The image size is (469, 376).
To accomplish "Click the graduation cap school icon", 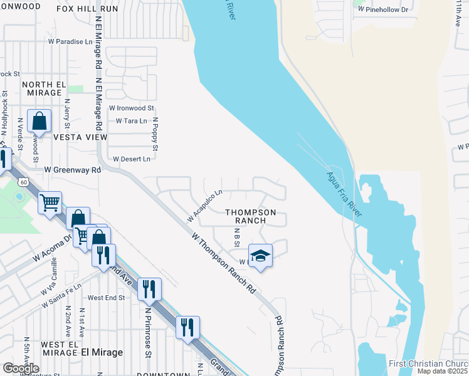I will [261, 256].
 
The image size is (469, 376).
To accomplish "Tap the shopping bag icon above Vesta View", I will [40, 122].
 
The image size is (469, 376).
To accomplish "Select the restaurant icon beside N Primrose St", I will [149, 289].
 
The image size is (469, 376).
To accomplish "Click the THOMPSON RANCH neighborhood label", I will [251, 216].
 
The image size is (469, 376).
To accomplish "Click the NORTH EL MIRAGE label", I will [44, 88].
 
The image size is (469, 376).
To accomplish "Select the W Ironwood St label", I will [131, 108].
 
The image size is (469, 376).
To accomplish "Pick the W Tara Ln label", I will [131, 120].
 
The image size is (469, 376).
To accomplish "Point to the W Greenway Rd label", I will [72, 170].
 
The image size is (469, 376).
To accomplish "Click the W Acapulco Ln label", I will [205, 206].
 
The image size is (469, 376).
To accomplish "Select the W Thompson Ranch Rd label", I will [224, 264].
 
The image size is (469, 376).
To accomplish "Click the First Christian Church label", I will [428, 364].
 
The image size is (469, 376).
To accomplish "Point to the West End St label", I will [107, 297].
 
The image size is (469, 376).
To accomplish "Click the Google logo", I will [21, 368].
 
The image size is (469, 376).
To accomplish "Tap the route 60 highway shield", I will [23, 182].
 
